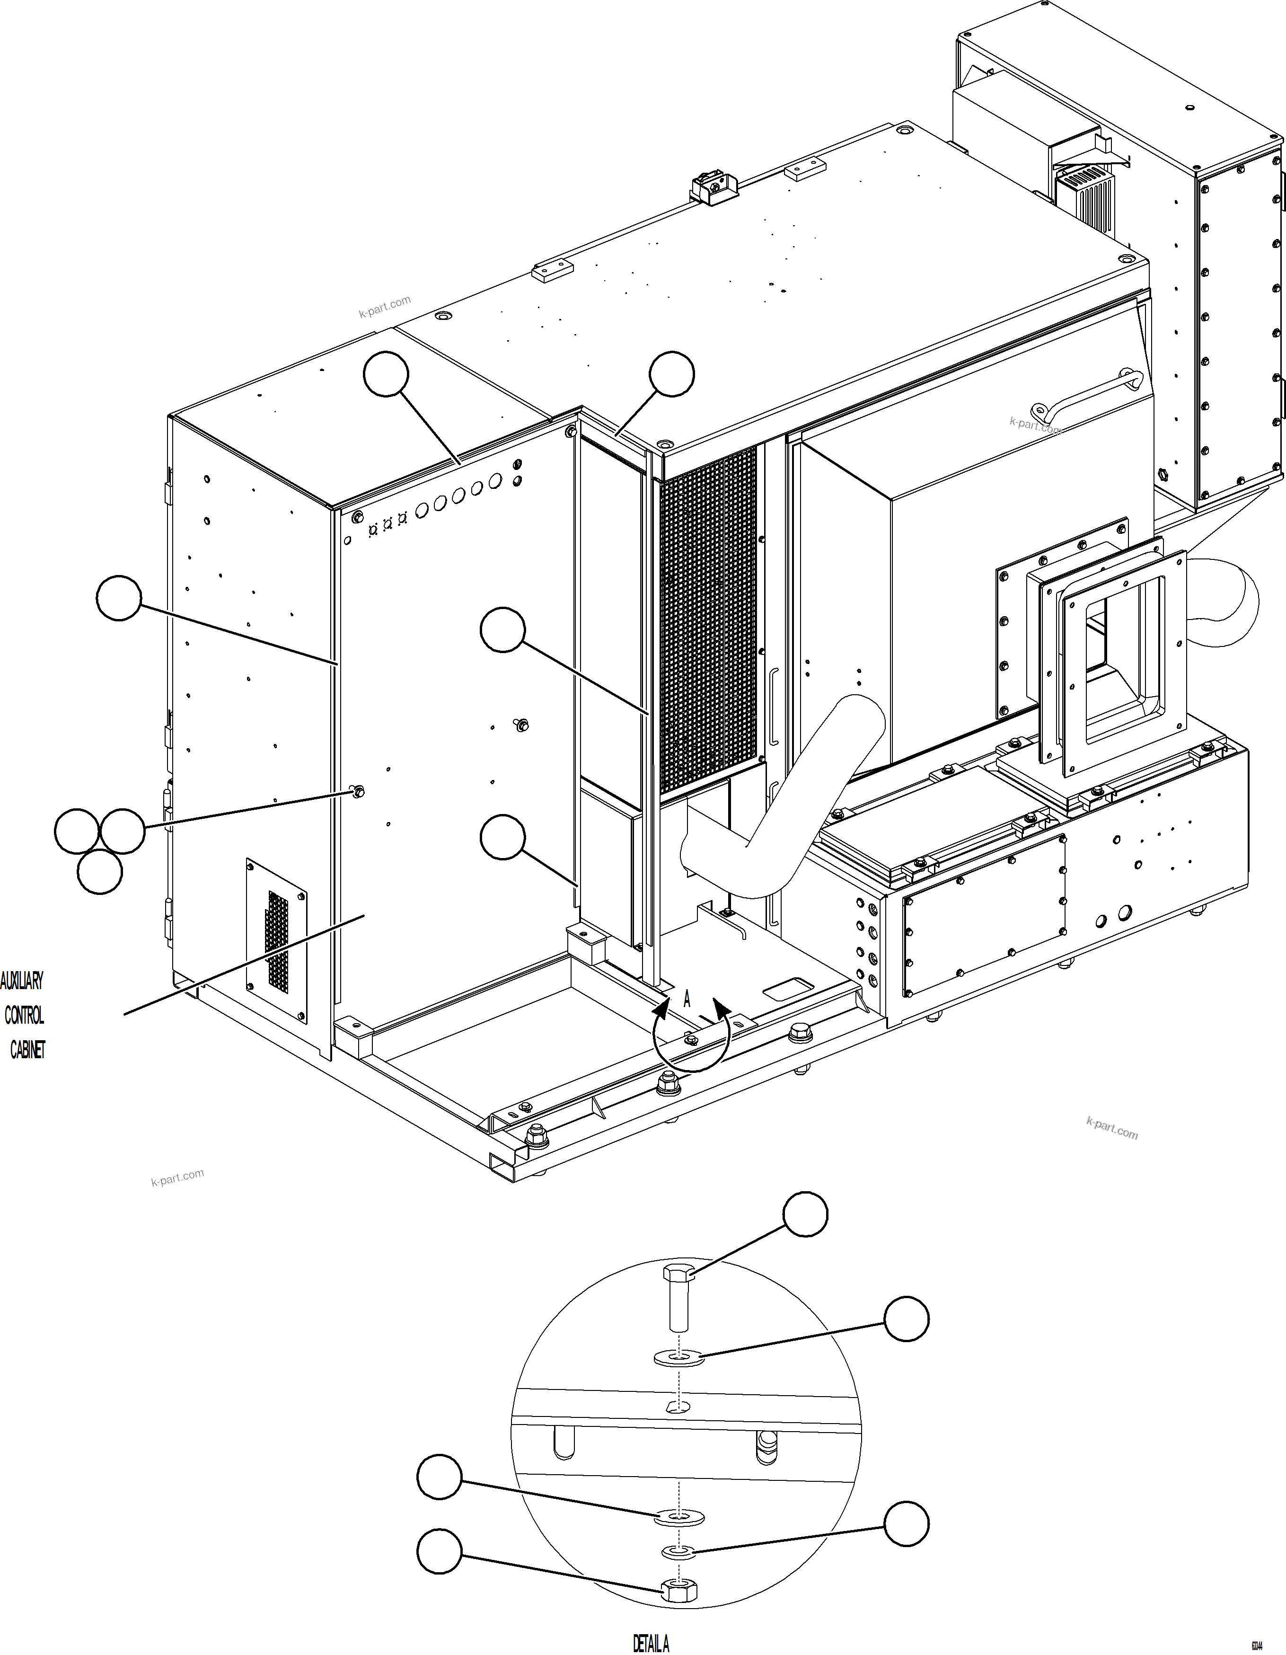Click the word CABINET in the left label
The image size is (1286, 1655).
27,1050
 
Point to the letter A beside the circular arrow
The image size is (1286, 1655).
687,1000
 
